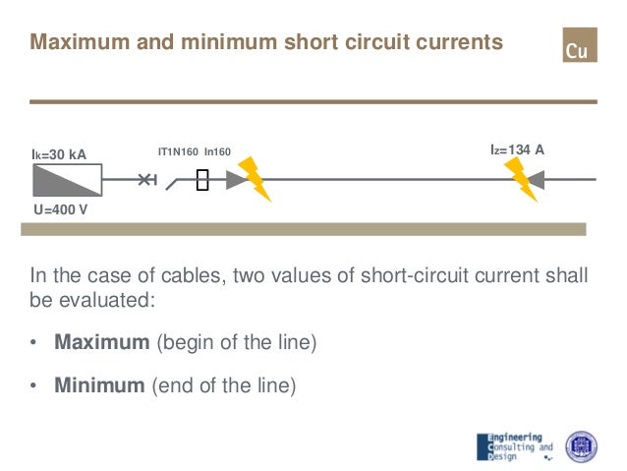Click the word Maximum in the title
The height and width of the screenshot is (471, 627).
(75, 43)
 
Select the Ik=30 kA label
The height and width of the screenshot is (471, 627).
(60, 154)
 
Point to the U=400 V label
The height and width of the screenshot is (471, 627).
(61, 209)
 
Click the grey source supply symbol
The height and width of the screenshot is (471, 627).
(67, 181)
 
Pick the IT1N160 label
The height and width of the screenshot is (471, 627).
(178, 151)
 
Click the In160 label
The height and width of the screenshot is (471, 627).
(217, 151)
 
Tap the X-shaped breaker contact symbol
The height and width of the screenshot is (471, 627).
(145, 180)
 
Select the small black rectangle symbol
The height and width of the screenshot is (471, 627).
(202, 180)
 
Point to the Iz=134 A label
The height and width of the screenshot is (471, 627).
(517, 149)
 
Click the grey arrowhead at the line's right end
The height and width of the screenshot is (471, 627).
(543, 180)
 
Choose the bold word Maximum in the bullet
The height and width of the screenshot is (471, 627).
(98, 344)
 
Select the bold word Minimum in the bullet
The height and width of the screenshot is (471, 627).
(98, 385)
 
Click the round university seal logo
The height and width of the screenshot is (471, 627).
(581, 445)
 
